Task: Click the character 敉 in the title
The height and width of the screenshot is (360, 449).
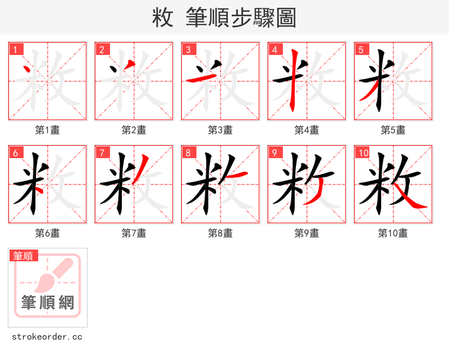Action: click(x=162, y=17)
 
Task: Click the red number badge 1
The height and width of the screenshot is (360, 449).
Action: click(x=15, y=50)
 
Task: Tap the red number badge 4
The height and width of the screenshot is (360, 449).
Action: click(x=274, y=50)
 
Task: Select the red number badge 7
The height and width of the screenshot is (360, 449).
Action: click(x=102, y=153)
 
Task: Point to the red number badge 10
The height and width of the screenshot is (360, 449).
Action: click(x=363, y=153)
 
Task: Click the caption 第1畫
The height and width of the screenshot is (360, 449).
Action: click(x=48, y=130)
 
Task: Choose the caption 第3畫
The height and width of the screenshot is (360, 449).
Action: click(x=221, y=130)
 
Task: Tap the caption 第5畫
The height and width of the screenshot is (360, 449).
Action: click(x=393, y=130)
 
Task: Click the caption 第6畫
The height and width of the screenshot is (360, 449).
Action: click(x=48, y=233)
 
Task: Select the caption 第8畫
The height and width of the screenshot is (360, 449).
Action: click(x=221, y=233)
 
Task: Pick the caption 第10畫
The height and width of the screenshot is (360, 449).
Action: click(x=393, y=233)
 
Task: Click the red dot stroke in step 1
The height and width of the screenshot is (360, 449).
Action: click(x=28, y=71)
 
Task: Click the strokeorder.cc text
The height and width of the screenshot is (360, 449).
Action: click(x=47, y=337)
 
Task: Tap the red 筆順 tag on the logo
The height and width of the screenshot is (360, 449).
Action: click(x=24, y=256)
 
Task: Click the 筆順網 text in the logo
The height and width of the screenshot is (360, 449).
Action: click(x=48, y=303)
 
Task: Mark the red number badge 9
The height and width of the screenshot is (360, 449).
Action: click(x=274, y=153)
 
